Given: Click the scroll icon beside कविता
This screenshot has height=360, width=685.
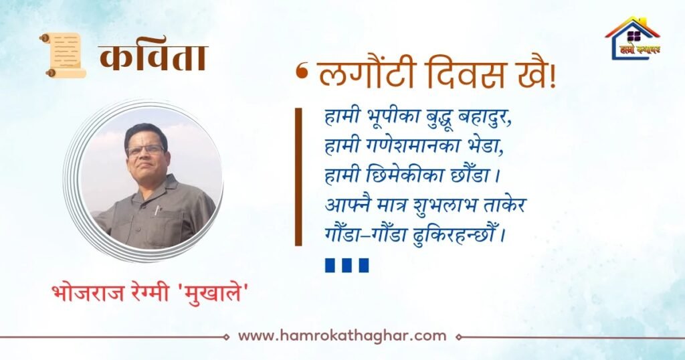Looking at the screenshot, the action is (63, 56).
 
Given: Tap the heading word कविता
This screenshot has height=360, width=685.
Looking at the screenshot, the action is (153, 58).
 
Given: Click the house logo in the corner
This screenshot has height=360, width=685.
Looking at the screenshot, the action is (633, 38).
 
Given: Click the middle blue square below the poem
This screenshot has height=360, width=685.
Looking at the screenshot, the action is (347, 265).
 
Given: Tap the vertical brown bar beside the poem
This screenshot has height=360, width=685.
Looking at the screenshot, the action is (298, 177).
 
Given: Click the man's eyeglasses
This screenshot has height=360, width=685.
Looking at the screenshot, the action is (145, 150).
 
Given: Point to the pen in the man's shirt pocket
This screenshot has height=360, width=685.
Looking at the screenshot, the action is (157, 210).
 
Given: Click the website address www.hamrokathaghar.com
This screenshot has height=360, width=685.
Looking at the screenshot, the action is (342, 336).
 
